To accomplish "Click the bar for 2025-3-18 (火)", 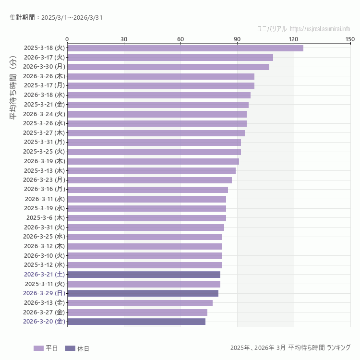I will tap(185, 48).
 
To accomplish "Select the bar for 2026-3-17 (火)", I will tap(170, 58).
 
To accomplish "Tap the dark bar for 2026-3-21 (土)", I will tap(144, 275).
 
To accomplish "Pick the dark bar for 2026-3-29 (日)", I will tap(143, 293).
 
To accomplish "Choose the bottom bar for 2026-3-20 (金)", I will tap(136, 322).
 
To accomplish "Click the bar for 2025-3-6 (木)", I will tap(146, 218).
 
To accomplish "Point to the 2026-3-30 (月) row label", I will tap(44, 67).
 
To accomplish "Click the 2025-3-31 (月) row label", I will tap(44, 142).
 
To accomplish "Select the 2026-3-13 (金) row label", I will tap(44, 303).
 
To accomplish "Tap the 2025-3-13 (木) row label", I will tap(44, 170).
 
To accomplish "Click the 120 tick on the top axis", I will tap(293, 39).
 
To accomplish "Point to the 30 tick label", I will tap(124, 39).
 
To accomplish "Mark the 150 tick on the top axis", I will tap(350, 39).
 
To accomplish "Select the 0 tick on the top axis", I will tap(67, 39).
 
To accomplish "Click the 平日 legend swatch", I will tap(38, 348).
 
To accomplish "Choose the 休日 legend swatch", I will tap(70, 348).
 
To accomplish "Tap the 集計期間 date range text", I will tap(56, 18).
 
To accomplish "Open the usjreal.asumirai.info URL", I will tap(320, 29).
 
